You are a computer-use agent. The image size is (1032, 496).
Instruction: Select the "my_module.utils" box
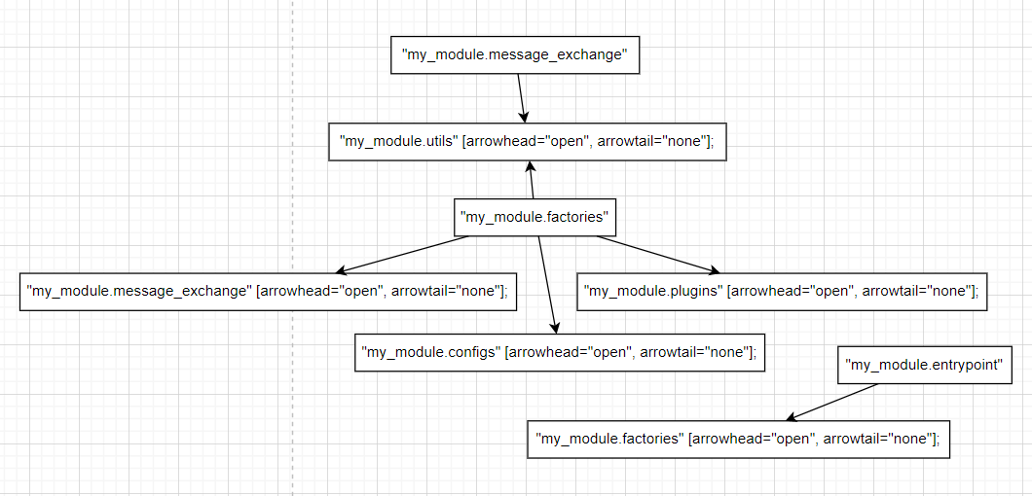click(x=527, y=141)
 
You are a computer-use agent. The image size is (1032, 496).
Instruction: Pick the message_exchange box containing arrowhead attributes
click(x=268, y=291)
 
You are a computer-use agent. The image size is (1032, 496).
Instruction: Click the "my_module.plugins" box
click(x=781, y=291)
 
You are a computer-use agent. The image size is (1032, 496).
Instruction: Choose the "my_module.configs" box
click(x=559, y=352)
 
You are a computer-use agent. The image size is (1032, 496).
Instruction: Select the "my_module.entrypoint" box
click(x=925, y=365)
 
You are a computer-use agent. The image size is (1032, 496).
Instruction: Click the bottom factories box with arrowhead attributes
click(x=737, y=439)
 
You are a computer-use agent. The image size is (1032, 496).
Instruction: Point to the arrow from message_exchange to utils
click(x=522, y=97)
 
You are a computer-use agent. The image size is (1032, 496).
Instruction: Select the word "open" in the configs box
click(x=610, y=352)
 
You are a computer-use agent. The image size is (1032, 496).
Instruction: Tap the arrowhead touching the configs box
click(x=556, y=328)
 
